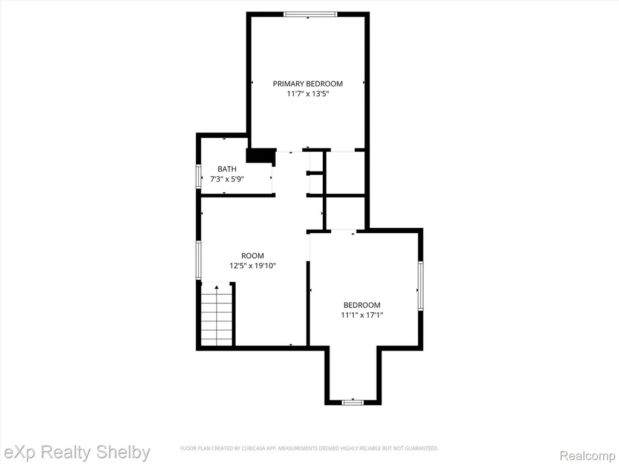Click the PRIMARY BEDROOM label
tap(308, 83)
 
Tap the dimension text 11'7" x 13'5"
tap(308, 94)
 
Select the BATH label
tap(227, 169)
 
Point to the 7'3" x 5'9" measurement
tap(227, 179)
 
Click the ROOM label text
tap(253, 256)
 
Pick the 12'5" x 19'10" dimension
tap(253, 266)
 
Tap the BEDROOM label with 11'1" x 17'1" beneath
tap(362, 305)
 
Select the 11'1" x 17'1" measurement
tap(362, 315)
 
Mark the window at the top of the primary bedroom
tap(310, 14)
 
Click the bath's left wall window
tap(199, 176)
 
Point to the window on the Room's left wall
tap(199, 260)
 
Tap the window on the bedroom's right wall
tap(421, 286)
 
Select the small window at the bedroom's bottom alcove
tap(352, 402)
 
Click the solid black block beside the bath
tap(261, 155)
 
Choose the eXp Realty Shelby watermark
tap(76, 452)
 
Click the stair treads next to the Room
tap(217, 314)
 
